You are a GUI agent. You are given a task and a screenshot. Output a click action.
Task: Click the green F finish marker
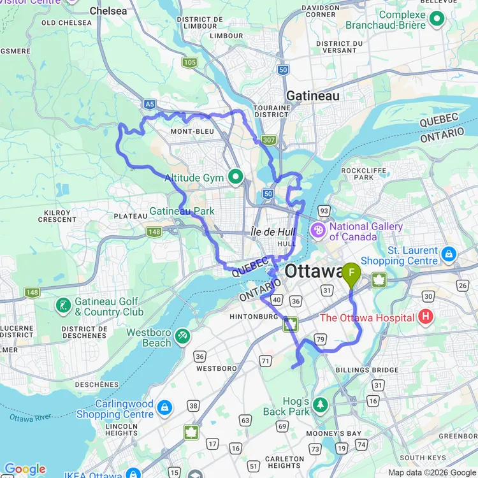tap(351, 274)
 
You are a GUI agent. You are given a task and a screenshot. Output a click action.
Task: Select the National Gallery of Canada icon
tap(317, 229)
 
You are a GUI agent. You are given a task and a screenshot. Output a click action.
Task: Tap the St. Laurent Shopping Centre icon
tap(449, 254)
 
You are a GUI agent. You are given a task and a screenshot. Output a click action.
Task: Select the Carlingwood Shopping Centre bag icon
tap(164, 407)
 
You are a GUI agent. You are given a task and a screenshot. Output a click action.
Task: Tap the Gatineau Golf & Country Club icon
tap(63, 305)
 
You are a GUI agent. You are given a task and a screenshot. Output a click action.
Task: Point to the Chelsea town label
tap(108, 11)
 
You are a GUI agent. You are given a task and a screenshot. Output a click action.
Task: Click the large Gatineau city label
tap(312, 96)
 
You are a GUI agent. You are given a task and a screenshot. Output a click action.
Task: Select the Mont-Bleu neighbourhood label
tap(191, 131)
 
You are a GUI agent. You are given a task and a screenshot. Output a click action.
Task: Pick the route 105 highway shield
tap(189, 62)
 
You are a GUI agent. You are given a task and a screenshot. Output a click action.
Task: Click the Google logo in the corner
tap(24, 470)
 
